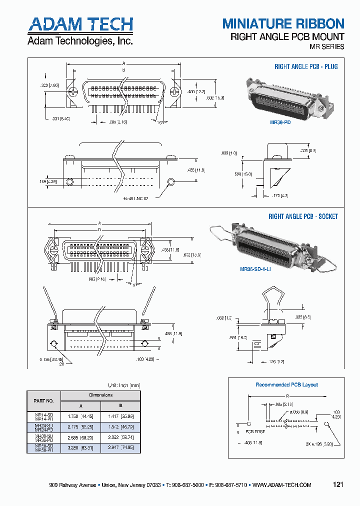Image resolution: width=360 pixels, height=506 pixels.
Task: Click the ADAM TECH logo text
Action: tap(80, 24)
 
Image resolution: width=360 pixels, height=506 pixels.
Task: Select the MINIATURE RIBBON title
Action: tap(283, 23)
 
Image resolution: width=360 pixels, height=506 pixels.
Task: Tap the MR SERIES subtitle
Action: tap(327, 46)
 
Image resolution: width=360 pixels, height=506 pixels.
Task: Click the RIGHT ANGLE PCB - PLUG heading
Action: tap(306, 66)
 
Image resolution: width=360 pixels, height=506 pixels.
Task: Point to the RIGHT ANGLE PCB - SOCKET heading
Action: tap(303, 216)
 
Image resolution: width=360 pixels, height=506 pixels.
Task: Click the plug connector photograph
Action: tap(282, 97)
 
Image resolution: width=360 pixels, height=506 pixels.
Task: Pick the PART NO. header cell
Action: tap(43, 400)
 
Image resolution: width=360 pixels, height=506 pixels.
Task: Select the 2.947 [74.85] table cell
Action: tap(120, 447)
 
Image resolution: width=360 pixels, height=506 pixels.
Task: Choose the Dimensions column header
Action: tap(100, 395)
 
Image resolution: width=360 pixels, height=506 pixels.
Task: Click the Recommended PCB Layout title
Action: tap(286, 384)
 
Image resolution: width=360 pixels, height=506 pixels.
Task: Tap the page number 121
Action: tap(338, 484)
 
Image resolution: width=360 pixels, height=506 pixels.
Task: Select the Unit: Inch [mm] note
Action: tap(124, 385)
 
